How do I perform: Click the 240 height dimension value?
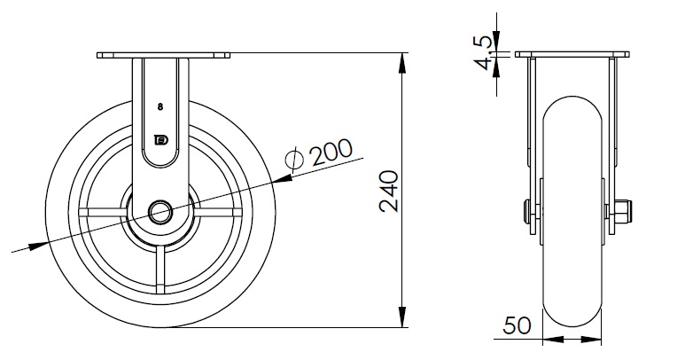[389, 192]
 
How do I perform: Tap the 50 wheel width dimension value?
[518, 325]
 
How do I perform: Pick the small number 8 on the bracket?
[160, 106]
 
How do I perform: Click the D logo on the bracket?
[162, 140]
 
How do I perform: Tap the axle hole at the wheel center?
[160, 212]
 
